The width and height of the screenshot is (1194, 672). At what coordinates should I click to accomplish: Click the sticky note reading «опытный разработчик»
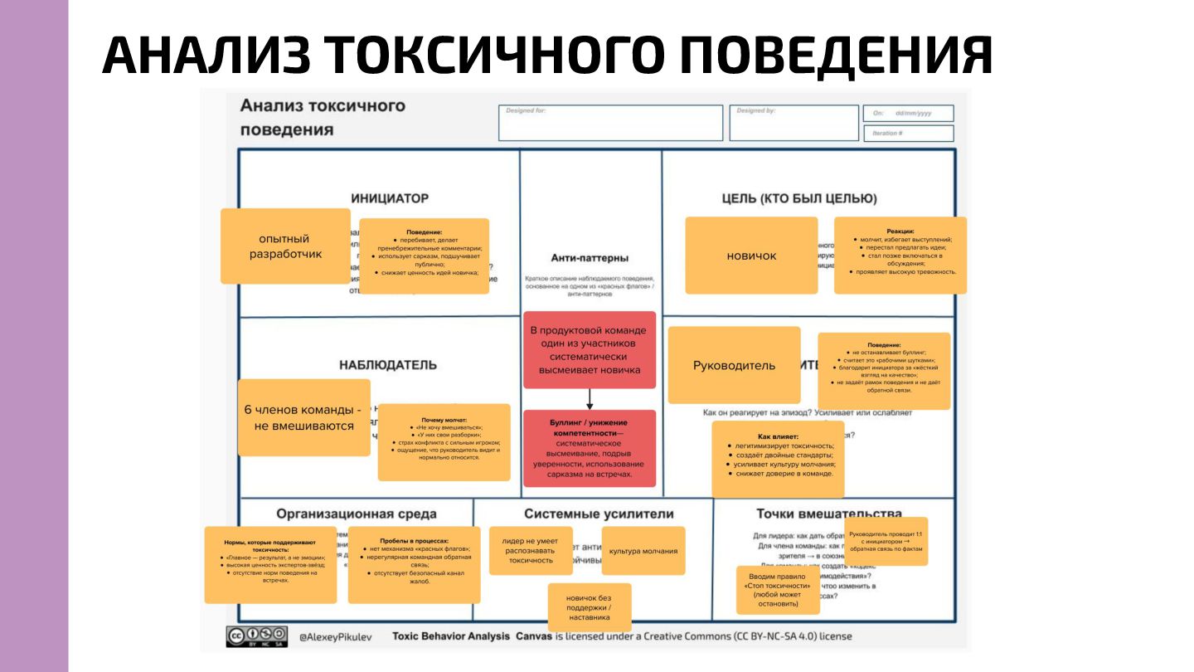click(x=285, y=246)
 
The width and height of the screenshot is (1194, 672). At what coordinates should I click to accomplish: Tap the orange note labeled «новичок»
click(x=751, y=256)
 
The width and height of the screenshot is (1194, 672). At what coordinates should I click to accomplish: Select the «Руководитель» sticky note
click(x=734, y=365)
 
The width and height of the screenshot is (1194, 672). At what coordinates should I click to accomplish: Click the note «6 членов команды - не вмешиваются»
click(x=303, y=417)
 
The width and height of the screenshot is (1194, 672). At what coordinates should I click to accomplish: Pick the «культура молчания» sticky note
click(x=643, y=551)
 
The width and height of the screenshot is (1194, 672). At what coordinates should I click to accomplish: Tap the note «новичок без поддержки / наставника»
click(x=589, y=607)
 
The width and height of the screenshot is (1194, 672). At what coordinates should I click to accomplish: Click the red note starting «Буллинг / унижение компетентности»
click(x=589, y=448)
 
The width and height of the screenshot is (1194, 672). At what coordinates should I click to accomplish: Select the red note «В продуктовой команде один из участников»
click(x=589, y=350)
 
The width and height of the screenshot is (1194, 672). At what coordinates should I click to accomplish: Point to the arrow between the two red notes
click(x=590, y=399)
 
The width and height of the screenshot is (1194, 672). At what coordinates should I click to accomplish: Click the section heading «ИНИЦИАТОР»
click(x=390, y=198)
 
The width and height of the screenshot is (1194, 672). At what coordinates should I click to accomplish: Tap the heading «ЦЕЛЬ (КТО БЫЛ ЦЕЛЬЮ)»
click(x=799, y=198)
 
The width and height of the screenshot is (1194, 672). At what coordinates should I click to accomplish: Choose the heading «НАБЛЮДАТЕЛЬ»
click(x=388, y=365)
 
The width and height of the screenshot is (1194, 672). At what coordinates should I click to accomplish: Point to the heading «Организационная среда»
click(x=357, y=514)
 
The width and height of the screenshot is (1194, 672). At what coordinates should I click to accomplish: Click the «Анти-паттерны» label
click(x=590, y=258)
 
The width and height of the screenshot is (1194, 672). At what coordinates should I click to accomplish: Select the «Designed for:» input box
click(x=610, y=123)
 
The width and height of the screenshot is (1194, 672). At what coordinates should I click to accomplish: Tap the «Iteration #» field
click(x=908, y=133)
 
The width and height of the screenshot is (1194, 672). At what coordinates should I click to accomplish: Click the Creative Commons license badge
click(x=257, y=636)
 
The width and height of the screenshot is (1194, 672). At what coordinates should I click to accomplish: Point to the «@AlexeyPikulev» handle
click(x=335, y=637)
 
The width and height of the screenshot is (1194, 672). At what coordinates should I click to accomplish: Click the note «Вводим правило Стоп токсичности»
click(x=778, y=590)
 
